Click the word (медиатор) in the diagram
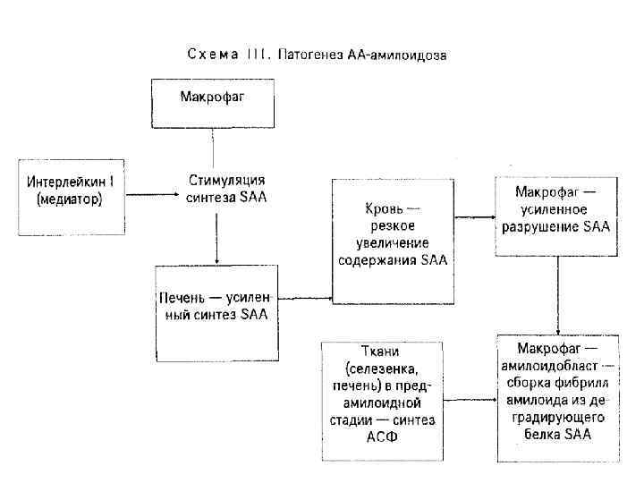(70, 200)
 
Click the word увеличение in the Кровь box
(394, 242)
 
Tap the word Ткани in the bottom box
(379, 352)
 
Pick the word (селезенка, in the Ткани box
(379, 369)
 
